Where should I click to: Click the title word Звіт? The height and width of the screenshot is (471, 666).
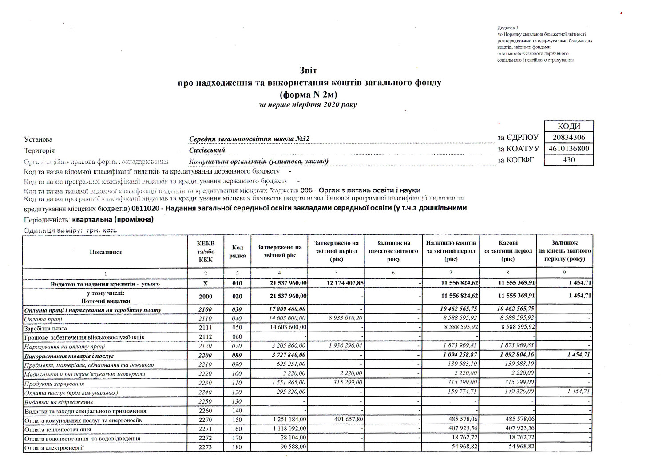tap(309, 71)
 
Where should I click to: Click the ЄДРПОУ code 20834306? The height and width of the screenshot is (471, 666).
tap(568, 138)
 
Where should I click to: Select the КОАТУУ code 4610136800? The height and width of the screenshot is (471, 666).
tap(568, 149)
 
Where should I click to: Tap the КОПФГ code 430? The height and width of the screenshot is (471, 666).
tap(568, 160)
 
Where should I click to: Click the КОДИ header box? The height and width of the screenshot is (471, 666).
tap(568, 127)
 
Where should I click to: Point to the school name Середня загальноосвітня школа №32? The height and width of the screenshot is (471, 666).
tap(249, 139)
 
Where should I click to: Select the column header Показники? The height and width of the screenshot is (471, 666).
tap(105, 252)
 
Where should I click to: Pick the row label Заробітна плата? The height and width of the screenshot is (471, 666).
tap(46, 328)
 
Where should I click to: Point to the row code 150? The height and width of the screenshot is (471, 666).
tap(237, 420)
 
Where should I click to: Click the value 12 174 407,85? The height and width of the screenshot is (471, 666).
tap(342, 283)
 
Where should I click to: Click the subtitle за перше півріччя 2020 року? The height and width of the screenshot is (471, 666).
tap(308, 105)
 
